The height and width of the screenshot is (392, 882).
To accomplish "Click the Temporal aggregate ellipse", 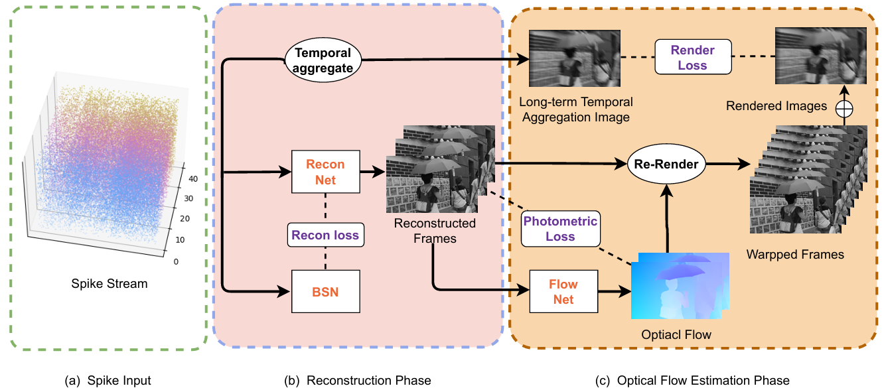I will pos(323,60).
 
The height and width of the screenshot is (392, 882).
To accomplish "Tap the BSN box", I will pos(325,291).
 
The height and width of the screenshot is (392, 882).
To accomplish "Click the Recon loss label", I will pos(324,234).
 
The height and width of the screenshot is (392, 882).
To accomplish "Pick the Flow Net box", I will pos(563,291).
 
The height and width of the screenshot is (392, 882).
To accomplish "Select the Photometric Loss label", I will pos(561,229).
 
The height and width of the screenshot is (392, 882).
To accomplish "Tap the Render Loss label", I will pos(693,58).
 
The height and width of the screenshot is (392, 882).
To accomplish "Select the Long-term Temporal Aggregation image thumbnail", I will pos(574,58).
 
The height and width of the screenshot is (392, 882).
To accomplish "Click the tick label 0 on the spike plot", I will pos(175,261).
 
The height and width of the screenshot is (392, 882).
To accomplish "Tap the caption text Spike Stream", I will pos(110,284).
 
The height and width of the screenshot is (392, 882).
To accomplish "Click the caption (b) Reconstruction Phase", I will pos(358,380).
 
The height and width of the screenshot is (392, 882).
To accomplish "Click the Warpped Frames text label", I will pos(795,254).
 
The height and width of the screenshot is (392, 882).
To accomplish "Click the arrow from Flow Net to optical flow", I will pos(613,291).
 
